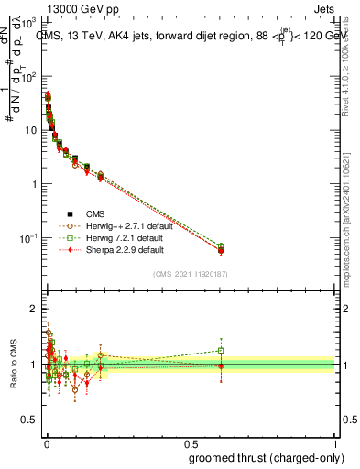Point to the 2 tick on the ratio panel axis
point(34,309)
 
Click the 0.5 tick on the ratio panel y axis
point(29,393)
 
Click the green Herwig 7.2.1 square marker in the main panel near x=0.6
point(221,246)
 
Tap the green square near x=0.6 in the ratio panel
point(221,350)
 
